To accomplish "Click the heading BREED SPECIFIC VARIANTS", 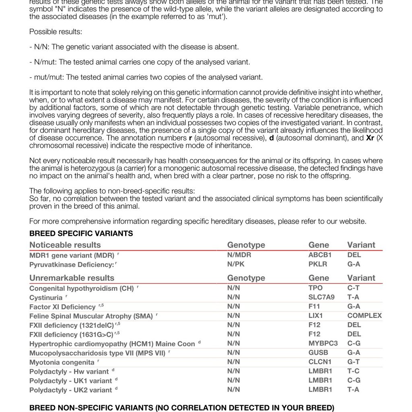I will point(81,233).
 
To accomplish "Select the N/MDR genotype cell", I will point(239,255).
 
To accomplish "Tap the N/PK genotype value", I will point(236,264).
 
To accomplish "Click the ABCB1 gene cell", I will point(320,255).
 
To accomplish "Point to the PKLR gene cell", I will point(318,264).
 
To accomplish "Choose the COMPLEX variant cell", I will point(365,315).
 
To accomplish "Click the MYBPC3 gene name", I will point(323,343).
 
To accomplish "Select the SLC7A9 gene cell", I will point(321,297).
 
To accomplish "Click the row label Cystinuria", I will point(46,298).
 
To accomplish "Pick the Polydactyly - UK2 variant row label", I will point(70,390).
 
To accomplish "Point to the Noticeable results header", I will point(65,245).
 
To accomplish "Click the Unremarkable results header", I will point(72,278).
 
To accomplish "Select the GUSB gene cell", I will point(318,352).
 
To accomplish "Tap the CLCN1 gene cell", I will point(320,362).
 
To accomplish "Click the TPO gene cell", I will point(315,288).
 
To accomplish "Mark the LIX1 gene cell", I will point(316,315).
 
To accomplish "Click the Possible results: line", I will point(56,32).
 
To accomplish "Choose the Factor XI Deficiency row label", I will point(62,307).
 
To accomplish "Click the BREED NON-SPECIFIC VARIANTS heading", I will point(181,408).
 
